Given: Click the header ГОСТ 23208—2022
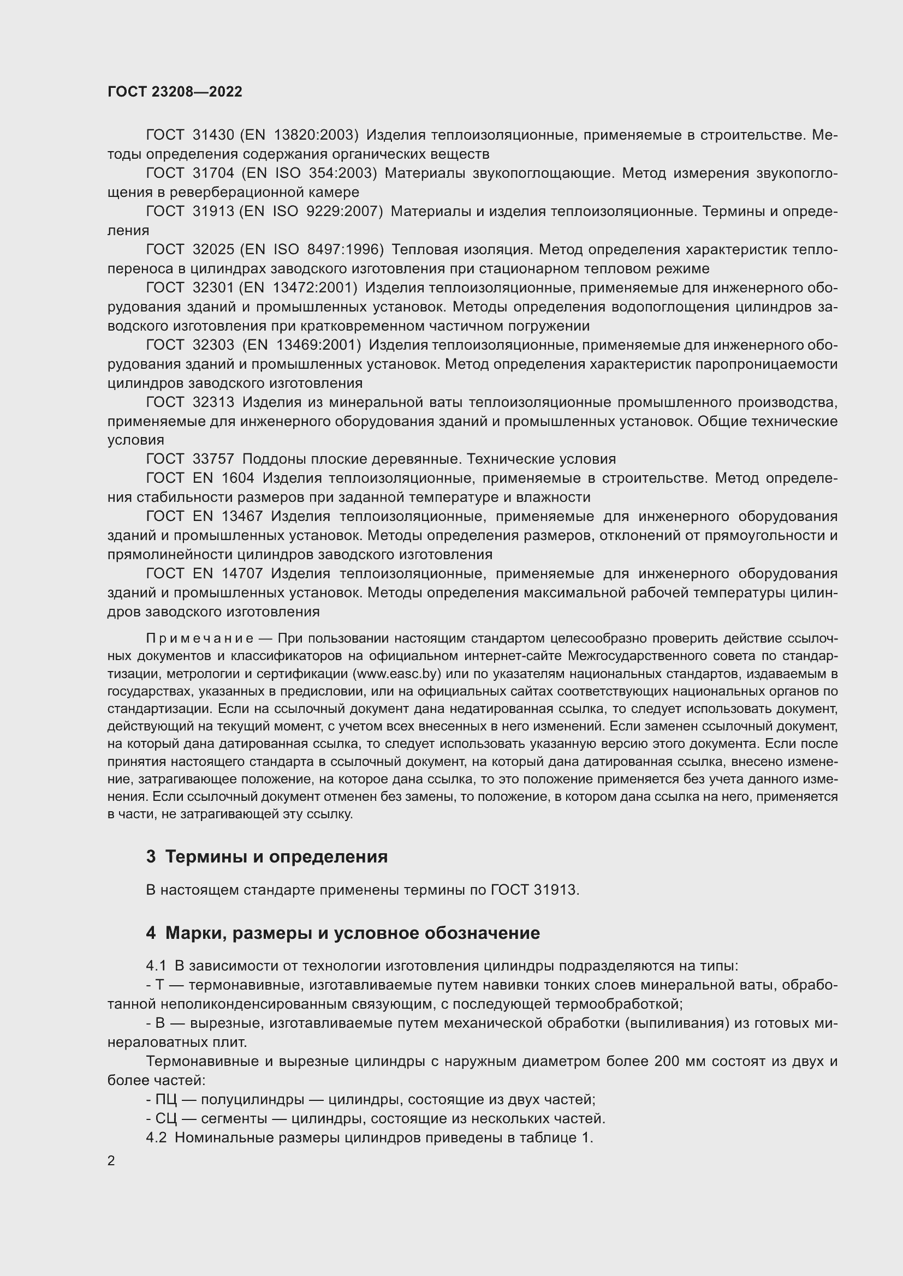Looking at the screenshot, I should pyautogui.click(x=175, y=92).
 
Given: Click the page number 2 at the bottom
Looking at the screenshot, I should pyautogui.click(x=111, y=1161).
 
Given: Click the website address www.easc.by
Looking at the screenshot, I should pyautogui.click(x=397, y=674).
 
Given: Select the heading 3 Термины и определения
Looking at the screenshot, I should pyautogui.click(x=267, y=856).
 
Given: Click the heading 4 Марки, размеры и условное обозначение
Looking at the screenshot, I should pyautogui.click(x=342, y=932).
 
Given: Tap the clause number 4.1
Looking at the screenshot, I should pyautogui.click(x=156, y=966).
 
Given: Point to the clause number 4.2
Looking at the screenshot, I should pyautogui.click(x=156, y=1137).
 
